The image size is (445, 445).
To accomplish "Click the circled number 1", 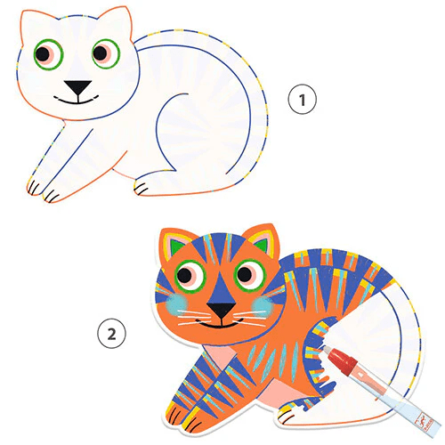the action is pos(303,100).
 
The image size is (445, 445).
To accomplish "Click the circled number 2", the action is pos(111,334).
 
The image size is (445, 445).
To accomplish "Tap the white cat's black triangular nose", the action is pos(78,87).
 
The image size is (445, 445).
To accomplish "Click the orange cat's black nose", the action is pos(221,309).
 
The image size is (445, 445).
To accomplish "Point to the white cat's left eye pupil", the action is pos(43,53).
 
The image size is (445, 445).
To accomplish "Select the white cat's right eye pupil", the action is pos(100,53).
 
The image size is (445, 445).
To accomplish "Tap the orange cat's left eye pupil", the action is pos(184,275).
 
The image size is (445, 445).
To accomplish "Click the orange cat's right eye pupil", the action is pos(245,274).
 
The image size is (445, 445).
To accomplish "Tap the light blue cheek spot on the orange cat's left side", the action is pos(177,303).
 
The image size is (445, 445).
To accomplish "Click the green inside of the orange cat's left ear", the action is pos(176,247).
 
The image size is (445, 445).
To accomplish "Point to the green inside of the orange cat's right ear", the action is pos(262,244).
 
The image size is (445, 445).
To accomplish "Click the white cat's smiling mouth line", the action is pos(77,101).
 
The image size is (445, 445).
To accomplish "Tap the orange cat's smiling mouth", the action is pos(220,323).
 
